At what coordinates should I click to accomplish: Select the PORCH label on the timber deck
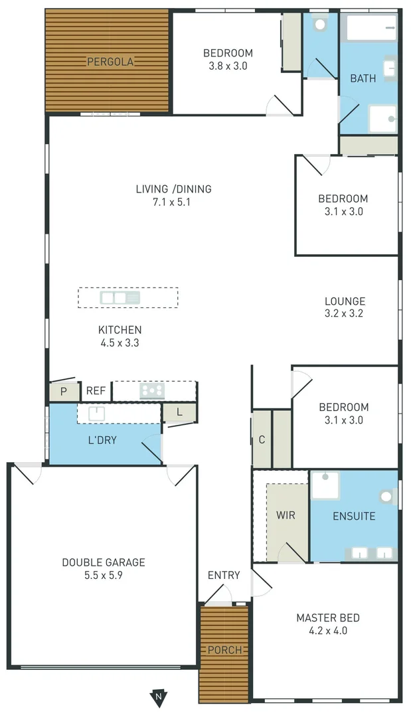(x=224, y=650)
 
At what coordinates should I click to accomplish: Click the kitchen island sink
(x=120, y=297)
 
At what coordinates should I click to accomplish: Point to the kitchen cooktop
(x=152, y=391)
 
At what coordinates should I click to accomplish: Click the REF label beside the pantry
(x=96, y=391)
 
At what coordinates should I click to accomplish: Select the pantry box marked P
(x=64, y=392)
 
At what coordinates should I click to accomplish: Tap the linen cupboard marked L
(x=179, y=412)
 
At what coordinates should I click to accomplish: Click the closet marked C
(x=262, y=439)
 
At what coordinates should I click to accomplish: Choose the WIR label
(x=286, y=515)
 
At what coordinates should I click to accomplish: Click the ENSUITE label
(x=354, y=516)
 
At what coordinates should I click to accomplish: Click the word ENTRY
(x=224, y=575)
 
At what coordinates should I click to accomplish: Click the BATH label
(x=363, y=78)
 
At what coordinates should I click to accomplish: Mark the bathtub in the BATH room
(x=372, y=27)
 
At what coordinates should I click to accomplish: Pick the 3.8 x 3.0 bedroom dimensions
(x=228, y=66)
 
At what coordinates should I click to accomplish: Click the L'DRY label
(x=103, y=439)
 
